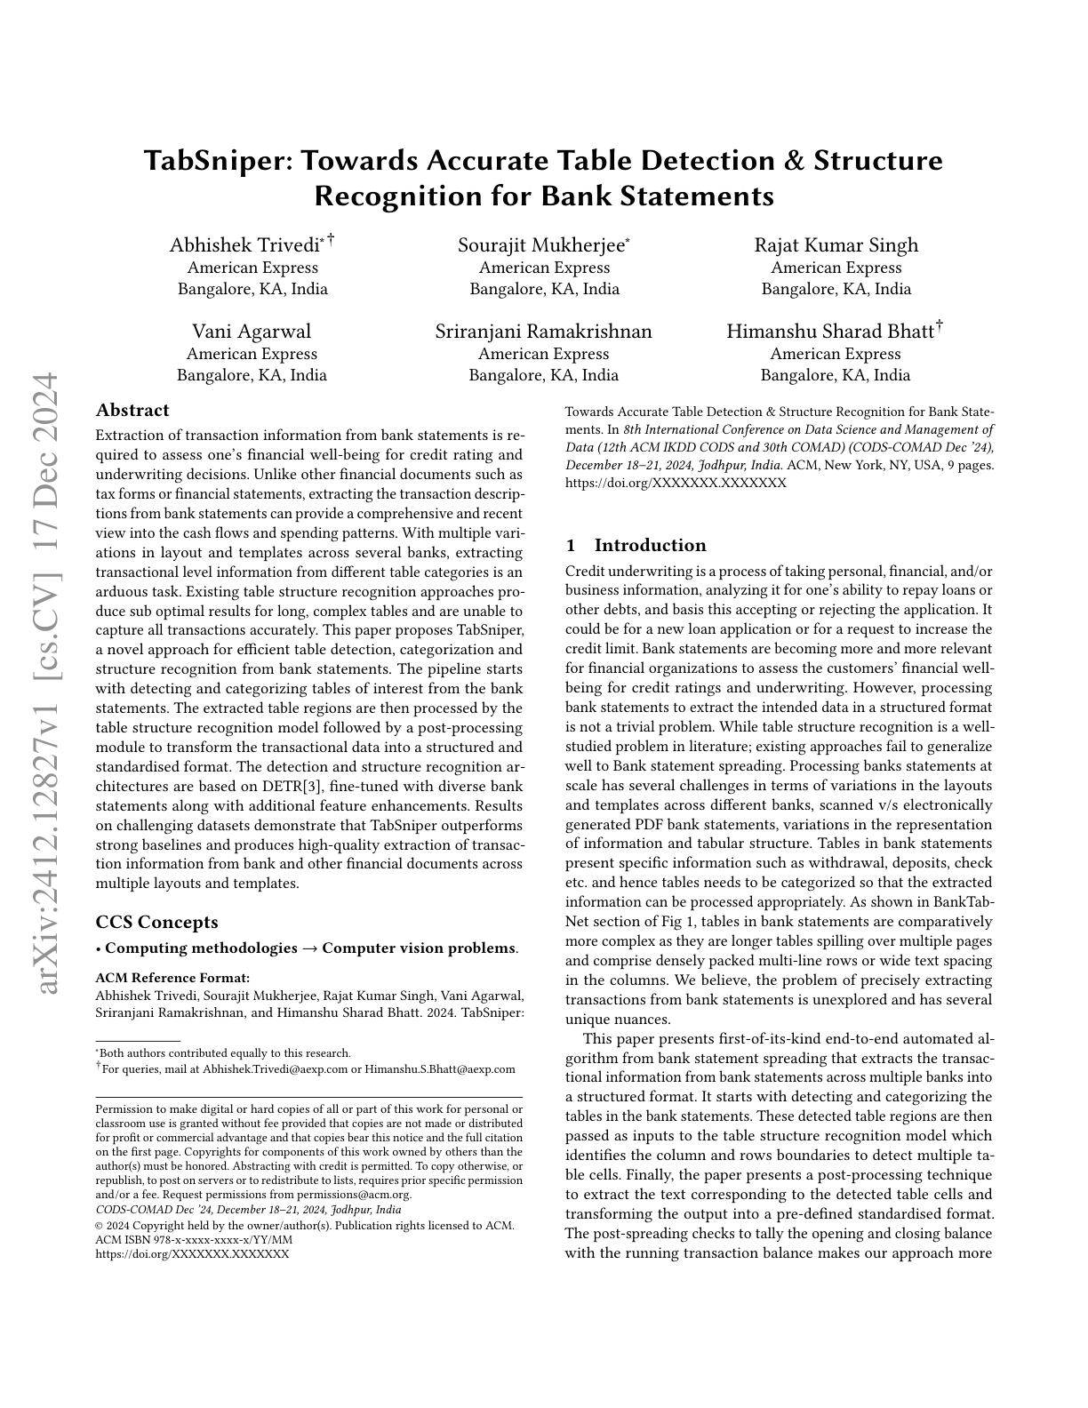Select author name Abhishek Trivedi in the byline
[244, 245]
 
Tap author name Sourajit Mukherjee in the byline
[541, 245]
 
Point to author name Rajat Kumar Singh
[836, 245]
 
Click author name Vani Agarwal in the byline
[252, 332]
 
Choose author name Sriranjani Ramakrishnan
[543, 332]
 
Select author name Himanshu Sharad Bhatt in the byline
[830, 332]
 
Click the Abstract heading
[132, 411]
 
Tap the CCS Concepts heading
[156, 923]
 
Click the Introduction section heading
[650, 546]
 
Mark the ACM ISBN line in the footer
[193, 1240]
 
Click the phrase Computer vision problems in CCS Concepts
[419, 948]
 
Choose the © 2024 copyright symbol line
[304, 1226]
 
